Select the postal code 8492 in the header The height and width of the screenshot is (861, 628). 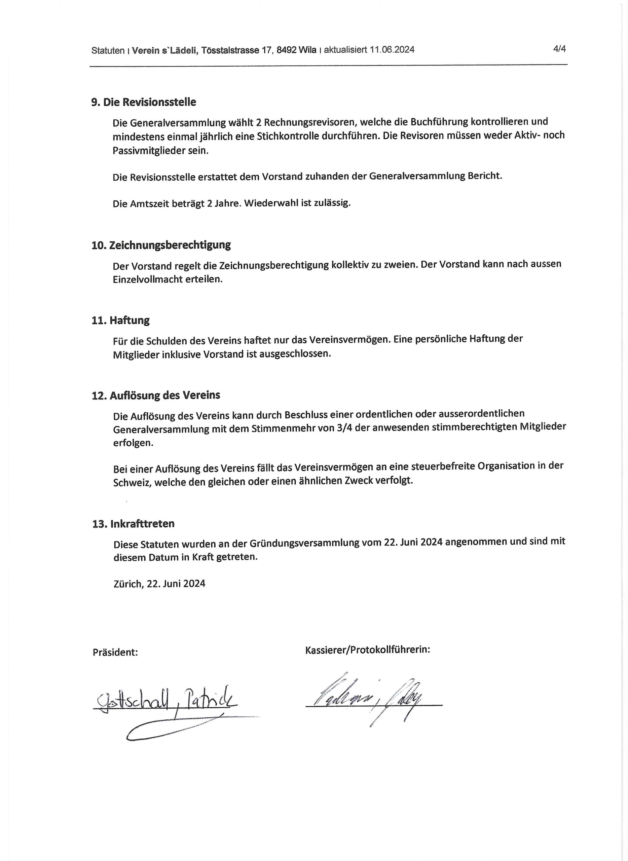(287, 50)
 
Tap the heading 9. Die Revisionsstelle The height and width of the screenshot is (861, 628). (144, 102)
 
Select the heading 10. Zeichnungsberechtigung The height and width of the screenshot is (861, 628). (161, 245)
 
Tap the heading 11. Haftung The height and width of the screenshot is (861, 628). (120, 320)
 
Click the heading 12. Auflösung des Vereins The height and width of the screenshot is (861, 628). (156, 395)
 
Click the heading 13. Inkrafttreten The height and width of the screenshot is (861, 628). (133, 524)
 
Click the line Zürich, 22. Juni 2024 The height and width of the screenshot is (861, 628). (159, 584)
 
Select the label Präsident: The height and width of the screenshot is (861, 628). (115, 653)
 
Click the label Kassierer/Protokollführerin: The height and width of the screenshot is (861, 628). (367, 650)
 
